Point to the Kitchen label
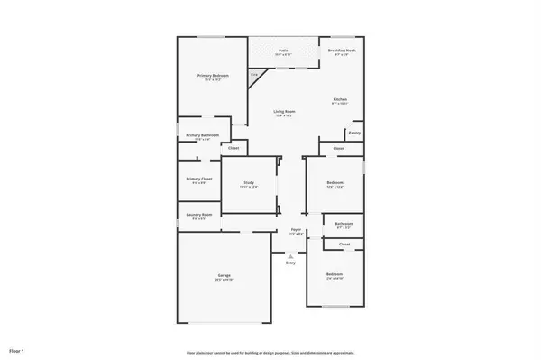340,99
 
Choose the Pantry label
354,133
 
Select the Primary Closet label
198,179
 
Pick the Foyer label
296,230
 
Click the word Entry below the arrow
290,263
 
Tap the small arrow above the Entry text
290,254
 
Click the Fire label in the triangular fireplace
254,73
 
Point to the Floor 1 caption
16,349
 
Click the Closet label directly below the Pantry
339,148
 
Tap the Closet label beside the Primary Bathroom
234,148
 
